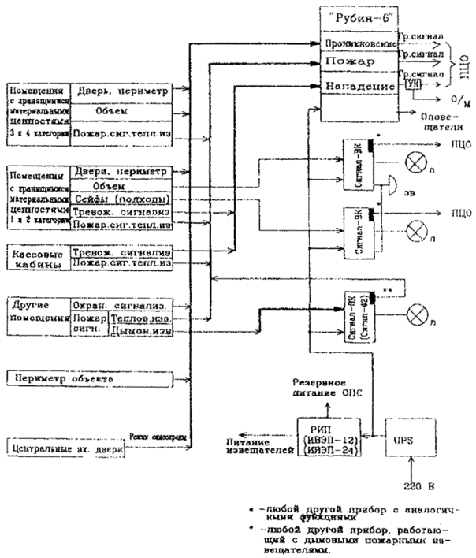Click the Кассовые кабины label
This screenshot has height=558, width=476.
(36, 258)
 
